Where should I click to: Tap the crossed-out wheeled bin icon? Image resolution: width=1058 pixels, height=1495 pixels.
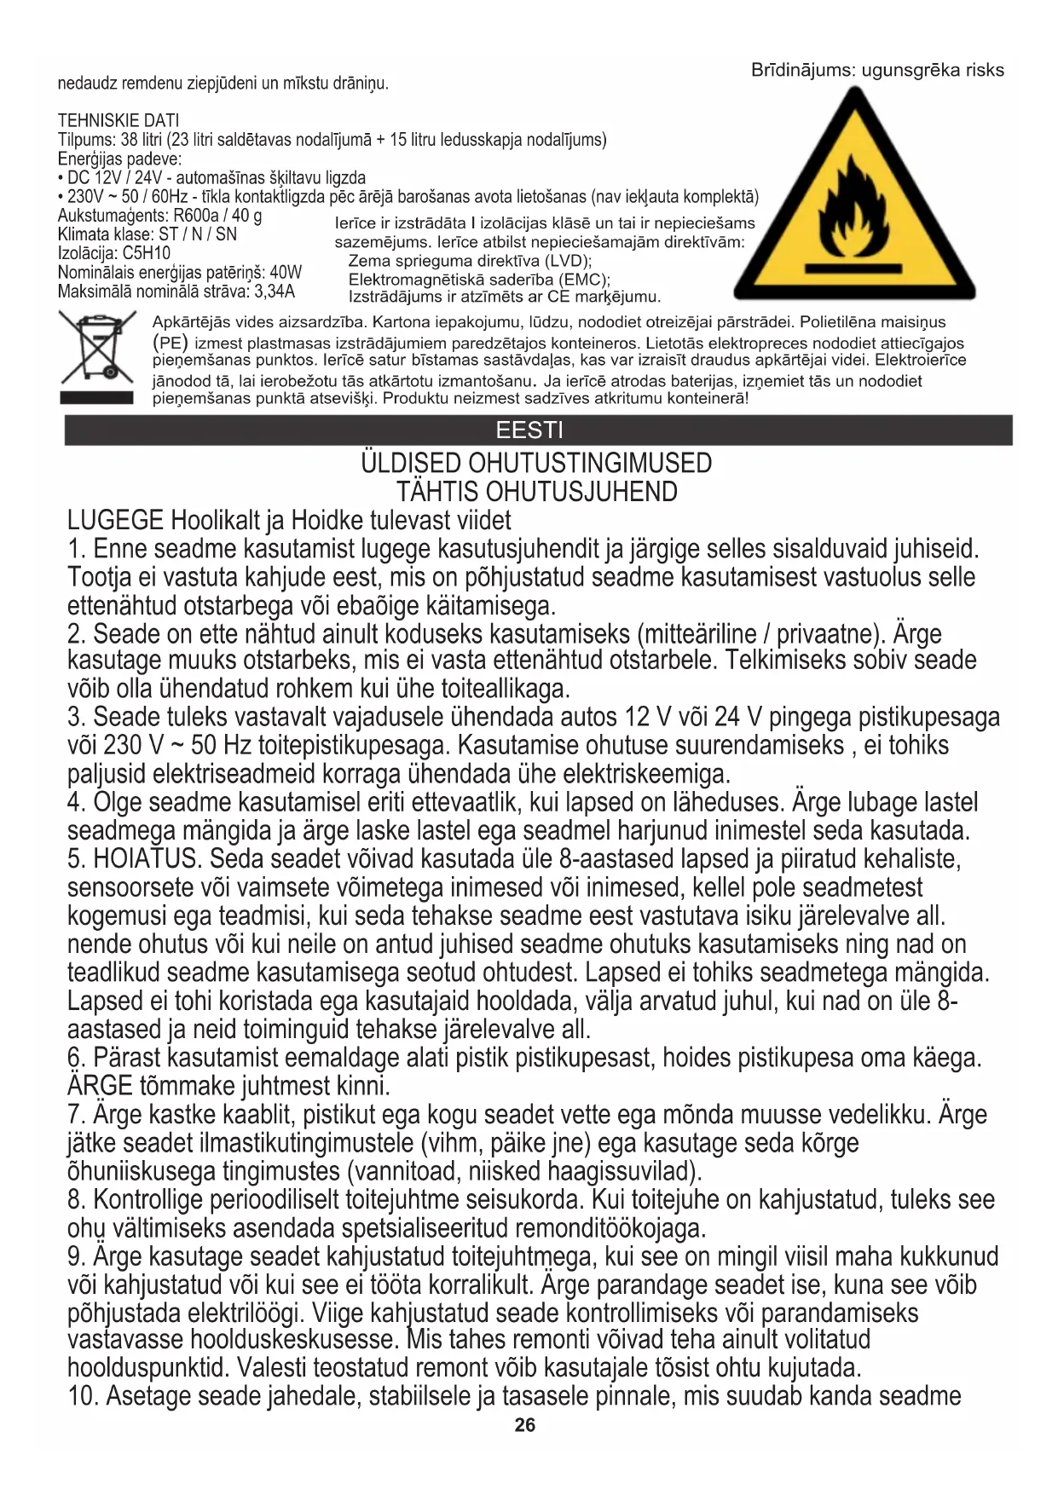96,346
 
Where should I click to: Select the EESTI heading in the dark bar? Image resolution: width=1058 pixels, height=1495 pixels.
529,430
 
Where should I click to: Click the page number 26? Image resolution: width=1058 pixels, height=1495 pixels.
525,1425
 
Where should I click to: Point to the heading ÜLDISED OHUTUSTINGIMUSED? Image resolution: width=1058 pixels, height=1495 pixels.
536,464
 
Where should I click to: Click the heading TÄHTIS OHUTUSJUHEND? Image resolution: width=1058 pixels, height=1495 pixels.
536,492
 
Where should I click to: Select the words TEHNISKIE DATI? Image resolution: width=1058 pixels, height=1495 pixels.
119,120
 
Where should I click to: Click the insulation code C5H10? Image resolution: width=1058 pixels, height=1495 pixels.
147,253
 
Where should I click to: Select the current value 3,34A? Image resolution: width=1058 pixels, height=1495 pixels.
275,291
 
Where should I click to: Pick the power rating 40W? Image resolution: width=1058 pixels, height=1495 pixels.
286,273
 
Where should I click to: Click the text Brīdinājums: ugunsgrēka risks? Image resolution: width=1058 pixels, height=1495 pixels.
877,70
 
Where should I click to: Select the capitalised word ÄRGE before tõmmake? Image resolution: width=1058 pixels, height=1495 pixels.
100,1086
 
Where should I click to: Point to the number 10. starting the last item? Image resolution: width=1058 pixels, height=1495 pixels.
83,1396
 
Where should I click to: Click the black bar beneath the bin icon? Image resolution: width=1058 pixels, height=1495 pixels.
96,397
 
